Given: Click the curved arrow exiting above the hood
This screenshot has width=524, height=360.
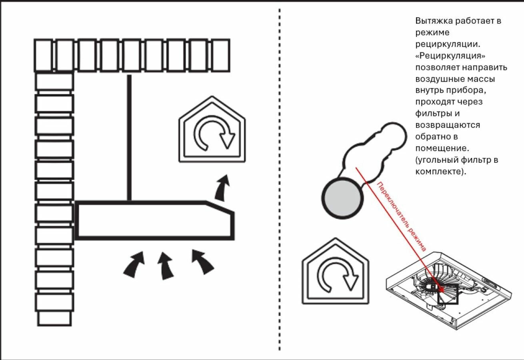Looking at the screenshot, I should (x=222, y=187).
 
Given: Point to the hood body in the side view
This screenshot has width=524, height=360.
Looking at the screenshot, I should (x=154, y=220).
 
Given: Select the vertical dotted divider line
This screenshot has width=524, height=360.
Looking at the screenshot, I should (x=279, y=180).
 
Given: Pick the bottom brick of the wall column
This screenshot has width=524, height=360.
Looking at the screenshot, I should (x=54, y=318).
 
